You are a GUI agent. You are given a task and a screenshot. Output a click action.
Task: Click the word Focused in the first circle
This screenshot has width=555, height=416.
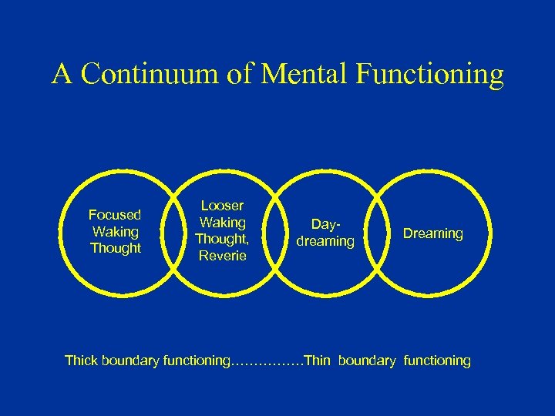(x=115, y=215)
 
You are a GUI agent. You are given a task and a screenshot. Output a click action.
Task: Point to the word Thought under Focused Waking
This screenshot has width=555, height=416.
(x=116, y=248)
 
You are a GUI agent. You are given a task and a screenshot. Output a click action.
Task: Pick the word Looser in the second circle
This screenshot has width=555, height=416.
(x=222, y=206)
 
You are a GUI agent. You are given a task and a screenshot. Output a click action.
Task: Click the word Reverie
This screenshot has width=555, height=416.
(x=222, y=256)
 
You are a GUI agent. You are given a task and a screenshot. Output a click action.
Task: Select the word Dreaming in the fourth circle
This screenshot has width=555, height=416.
(x=433, y=233)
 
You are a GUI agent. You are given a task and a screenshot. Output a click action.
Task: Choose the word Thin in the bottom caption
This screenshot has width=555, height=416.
(x=318, y=360)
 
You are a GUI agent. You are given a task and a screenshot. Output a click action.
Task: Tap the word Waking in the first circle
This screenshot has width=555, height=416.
(x=115, y=231)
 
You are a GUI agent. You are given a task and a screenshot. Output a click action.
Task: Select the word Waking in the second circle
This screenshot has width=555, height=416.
(x=222, y=223)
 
